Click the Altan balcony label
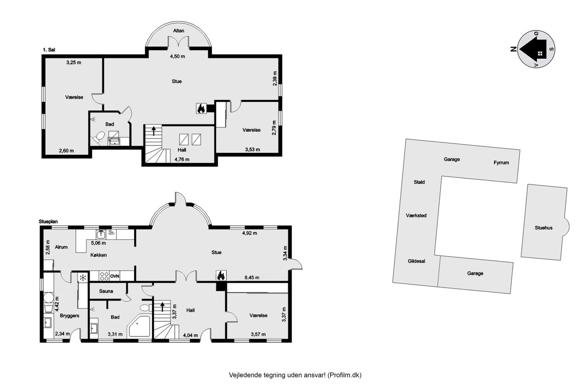pyautogui.click(x=179, y=31)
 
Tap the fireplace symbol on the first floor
pyautogui.click(x=201, y=108)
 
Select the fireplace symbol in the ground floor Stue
pyautogui.click(x=221, y=276)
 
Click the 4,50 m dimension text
pyautogui.click(x=177, y=56)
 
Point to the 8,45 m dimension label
pyautogui.click(x=252, y=278)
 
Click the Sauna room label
pyautogui.click(x=106, y=291)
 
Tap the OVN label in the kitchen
pyautogui.click(x=114, y=276)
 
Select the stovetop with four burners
pyautogui.click(x=104, y=276)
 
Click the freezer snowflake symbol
pyautogui.click(x=83, y=278)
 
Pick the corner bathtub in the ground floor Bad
pyautogui.click(x=139, y=327)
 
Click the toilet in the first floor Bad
pyautogui.click(x=98, y=137)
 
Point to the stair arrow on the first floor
pyautogui.click(x=154, y=131)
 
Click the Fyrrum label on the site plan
pyautogui.click(x=501, y=162)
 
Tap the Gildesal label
pyautogui.click(x=417, y=261)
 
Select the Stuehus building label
pyautogui.click(x=543, y=228)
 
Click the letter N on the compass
pyautogui.click(x=514, y=49)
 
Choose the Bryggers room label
pyautogui.click(x=69, y=316)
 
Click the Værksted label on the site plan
pyautogui.click(x=416, y=216)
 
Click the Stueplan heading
pyautogui.click(x=48, y=222)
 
